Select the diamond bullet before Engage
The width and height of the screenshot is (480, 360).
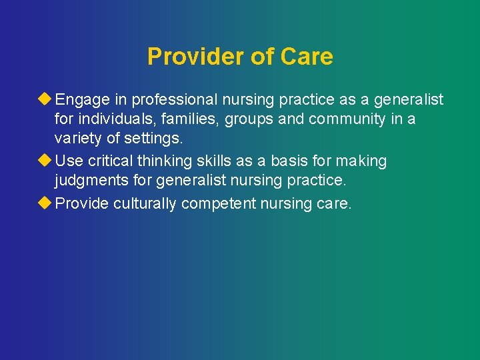(46, 99)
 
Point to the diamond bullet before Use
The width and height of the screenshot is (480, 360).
(46, 161)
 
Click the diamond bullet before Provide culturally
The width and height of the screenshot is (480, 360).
(46, 203)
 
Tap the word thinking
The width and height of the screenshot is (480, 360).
(161, 161)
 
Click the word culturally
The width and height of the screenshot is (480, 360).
(145, 203)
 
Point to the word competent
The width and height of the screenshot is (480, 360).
(215, 203)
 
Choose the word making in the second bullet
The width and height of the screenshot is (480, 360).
(362, 161)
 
